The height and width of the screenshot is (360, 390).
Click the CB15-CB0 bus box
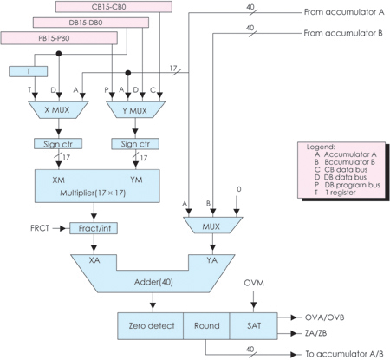pyautogui.click(x=114, y=7)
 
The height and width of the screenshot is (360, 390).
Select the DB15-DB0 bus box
pyautogui.click(x=91, y=23)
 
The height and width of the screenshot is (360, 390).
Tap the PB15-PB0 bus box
pyautogui.click(x=59, y=38)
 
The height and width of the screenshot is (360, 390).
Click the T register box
pyautogui.click(x=29, y=71)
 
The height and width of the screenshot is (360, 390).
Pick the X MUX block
pyautogui.click(x=58, y=110)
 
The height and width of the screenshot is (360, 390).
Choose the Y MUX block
pyautogui.click(x=135, y=110)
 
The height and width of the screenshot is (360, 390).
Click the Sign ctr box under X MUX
pyautogui.click(x=58, y=144)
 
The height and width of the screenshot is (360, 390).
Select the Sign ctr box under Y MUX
pyautogui.click(x=135, y=144)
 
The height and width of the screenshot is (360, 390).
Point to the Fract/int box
pyautogui.click(x=94, y=228)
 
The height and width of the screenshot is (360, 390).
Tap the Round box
pyautogui.click(x=206, y=326)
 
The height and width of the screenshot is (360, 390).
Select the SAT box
pyautogui.click(x=254, y=326)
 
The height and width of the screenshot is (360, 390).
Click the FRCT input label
pyautogui.click(x=40, y=228)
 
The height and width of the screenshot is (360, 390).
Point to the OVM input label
pyautogui.click(x=254, y=283)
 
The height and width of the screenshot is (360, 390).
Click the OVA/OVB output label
pyautogui.click(x=325, y=317)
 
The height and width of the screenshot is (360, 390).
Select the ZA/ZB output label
pyautogui.click(x=315, y=333)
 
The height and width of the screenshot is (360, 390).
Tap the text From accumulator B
pyautogui.click(x=343, y=33)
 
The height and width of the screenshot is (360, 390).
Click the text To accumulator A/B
pyautogui.click(x=345, y=354)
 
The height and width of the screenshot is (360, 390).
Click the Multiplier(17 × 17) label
pyautogui.click(x=93, y=193)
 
